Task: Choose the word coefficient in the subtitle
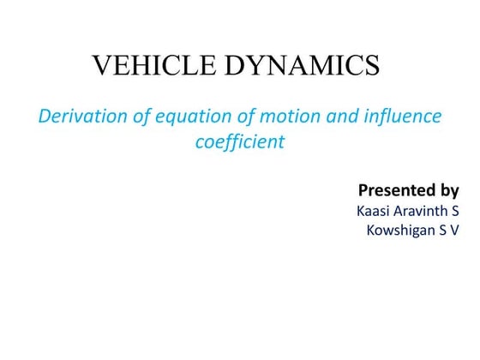click(240, 141)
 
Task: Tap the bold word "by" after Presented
click(449, 190)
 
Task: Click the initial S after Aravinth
click(454, 210)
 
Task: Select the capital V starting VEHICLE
click(102, 66)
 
